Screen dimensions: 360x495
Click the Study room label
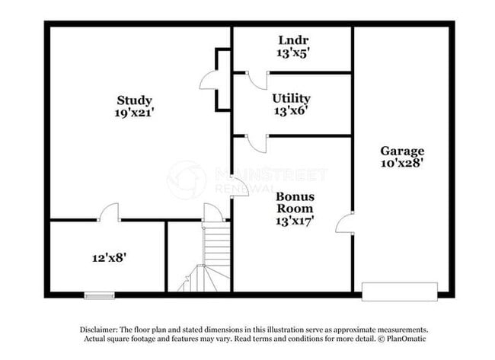(134, 100)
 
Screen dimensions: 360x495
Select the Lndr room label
(292, 40)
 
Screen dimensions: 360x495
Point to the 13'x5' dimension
(292, 53)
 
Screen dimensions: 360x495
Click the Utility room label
(291, 98)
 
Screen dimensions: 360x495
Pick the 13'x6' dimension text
(291, 110)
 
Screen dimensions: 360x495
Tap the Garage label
(402, 151)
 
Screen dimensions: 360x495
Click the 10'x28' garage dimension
(402, 163)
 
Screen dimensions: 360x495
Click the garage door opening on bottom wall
(399, 292)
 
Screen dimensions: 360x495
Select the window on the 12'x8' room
(99, 295)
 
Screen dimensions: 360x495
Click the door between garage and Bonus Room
(345, 223)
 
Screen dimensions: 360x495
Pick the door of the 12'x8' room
(110, 212)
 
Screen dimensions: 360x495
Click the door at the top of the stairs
(213, 213)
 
